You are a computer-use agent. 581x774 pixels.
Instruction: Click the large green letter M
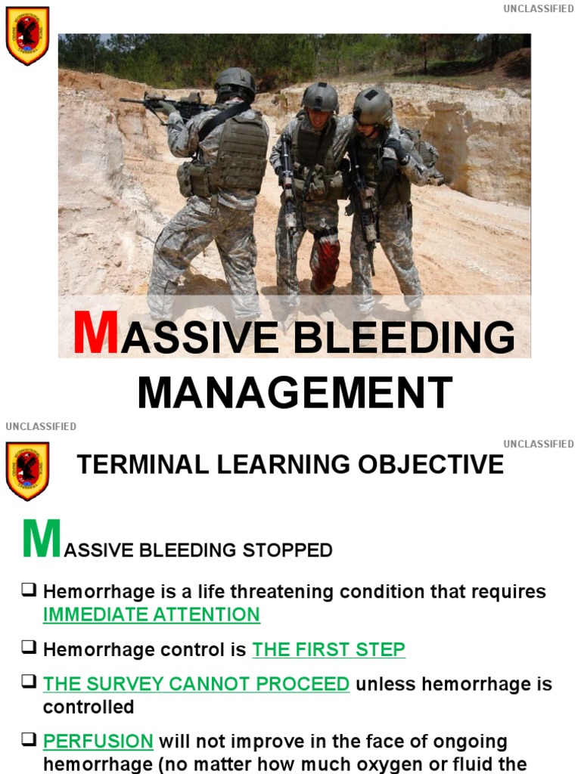pos(42,538)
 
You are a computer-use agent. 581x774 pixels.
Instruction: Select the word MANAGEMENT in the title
pos(295,392)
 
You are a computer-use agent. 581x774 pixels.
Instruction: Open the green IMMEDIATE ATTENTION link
pos(151,615)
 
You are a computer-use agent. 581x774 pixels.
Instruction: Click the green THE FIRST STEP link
pos(328,649)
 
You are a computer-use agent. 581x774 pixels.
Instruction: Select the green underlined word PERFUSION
pos(98,741)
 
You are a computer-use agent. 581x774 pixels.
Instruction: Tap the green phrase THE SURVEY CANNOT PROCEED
pos(196,684)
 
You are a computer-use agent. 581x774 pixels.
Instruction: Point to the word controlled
pos(89,707)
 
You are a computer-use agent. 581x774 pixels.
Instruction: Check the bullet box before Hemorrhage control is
pos(29,648)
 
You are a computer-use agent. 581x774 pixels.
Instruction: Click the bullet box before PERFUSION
pos(29,740)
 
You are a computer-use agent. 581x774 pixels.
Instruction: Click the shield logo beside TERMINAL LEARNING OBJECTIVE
pos(27,472)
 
